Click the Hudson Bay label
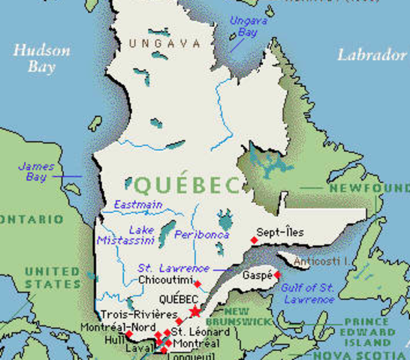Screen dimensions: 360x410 [41, 58]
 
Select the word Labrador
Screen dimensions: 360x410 [371, 55]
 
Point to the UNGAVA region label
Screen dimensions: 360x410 [160, 43]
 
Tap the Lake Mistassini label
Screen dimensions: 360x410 [125, 235]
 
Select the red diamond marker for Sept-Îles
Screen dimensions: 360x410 [254, 240]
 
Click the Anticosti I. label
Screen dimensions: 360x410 [320, 262]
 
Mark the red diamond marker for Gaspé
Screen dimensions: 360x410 [276, 275]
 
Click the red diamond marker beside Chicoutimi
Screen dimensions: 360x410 [197, 283]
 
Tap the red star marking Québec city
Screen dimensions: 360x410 [195, 310]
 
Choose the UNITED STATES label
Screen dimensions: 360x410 [52, 277]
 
